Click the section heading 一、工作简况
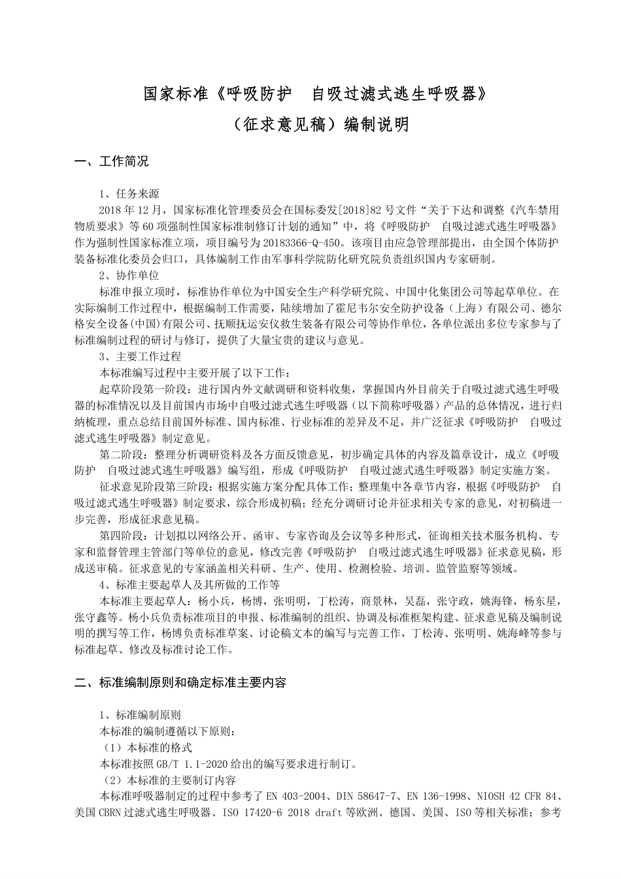point(112,162)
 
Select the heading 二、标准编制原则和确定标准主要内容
point(180,683)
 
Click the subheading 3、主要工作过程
point(140,356)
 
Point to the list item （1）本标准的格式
point(148,748)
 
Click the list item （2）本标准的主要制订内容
point(170,780)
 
